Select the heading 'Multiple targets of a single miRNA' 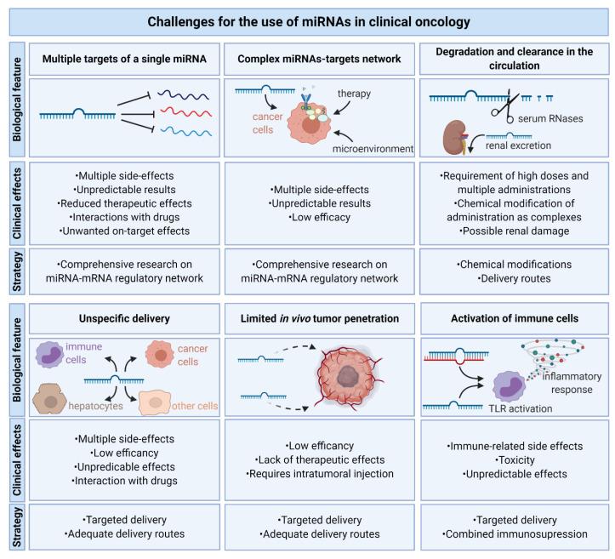[x=125, y=59]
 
